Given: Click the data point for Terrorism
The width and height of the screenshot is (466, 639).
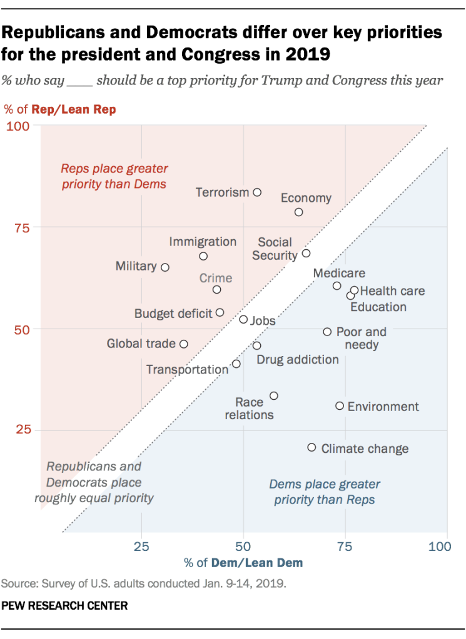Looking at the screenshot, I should click(x=257, y=192).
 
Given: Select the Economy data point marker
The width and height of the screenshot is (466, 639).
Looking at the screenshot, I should click(x=299, y=212).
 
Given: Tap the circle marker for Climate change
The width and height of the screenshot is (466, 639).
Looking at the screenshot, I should click(x=312, y=448).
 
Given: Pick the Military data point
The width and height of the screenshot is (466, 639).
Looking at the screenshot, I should click(x=165, y=267).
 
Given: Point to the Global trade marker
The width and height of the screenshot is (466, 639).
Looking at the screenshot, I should click(x=184, y=344).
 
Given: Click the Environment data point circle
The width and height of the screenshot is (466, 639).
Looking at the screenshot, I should click(x=340, y=406).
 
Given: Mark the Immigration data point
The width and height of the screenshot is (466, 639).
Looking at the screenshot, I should click(x=203, y=256).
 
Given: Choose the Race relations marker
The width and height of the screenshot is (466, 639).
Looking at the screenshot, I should click(x=273, y=396).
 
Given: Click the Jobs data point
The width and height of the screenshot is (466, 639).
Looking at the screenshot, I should click(x=243, y=320).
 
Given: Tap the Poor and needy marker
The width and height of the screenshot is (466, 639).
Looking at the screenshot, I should click(x=327, y=332).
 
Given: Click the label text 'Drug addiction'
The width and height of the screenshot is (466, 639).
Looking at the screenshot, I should click(x=298, y=360).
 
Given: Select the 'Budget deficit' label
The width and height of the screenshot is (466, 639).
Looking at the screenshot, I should click(x=173, y=314).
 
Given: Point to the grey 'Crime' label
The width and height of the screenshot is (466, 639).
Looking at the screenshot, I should click(x=216, y=278).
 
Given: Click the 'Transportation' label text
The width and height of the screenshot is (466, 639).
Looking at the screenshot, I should click(x=187, y=370).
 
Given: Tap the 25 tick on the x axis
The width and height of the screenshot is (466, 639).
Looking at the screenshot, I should click(x=141, y=547).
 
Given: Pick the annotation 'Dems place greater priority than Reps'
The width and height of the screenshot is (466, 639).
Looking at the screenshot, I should click(x=325, y=492).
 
